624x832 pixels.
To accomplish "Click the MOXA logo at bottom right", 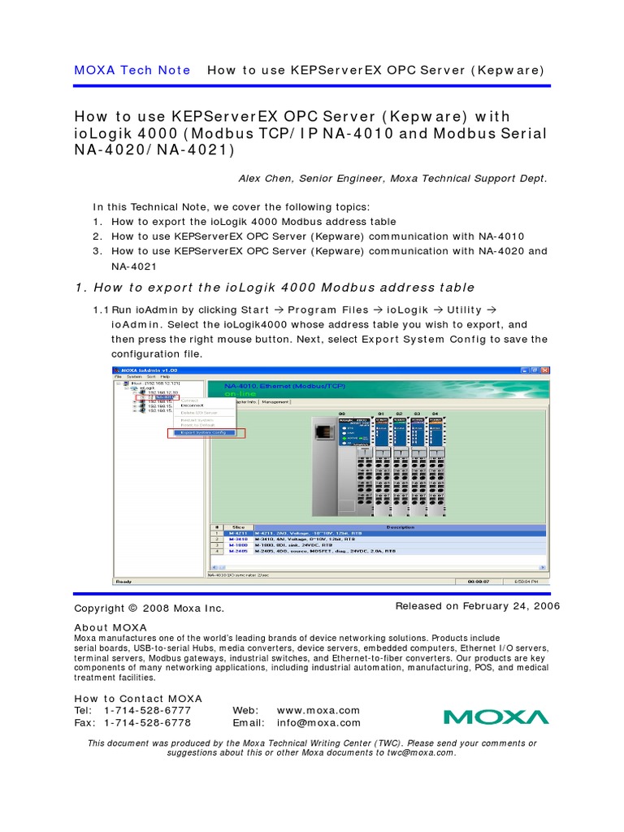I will pos(496,717).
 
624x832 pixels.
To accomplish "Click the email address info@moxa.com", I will pos(318,723).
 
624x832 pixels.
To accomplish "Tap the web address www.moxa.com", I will pos(318,710).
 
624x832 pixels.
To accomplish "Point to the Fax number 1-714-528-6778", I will pos(148,723).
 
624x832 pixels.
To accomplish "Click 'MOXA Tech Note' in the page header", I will pos(132,70).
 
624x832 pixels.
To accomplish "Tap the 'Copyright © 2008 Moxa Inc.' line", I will pos(149,609).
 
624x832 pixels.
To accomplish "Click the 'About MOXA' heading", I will pos(110,627).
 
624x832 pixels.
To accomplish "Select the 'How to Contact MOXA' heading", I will pos(138,699).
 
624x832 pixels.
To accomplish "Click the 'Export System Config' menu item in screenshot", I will pos(204,433).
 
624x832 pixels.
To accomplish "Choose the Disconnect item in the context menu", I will pos(193,405).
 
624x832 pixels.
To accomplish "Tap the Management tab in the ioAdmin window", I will pos(275,401).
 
